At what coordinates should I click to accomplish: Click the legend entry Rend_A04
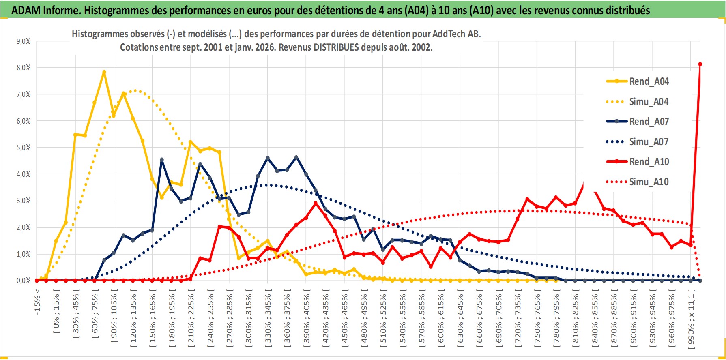pyautogui.click(x=649, y=81)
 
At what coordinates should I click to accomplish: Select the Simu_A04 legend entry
pyautogui.click(x=649, y=102)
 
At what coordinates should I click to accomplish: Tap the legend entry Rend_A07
pyautogui.click(x=649, y=122)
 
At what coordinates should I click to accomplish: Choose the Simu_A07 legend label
pyautogui.click(x=649, y=142)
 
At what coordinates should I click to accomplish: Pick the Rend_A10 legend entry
pyautogui.click(x=649, y=162)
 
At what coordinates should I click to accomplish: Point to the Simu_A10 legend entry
pyautogui.click(x=649, y=182)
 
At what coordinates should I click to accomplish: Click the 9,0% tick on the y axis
pyautogui.click(x=23, y=41)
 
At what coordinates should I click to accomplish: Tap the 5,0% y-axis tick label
pyautogui.click(x=23, y=148)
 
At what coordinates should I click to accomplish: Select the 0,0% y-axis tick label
pyautogui.click(x=23, y=281)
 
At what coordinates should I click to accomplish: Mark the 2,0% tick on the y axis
pyautogui.click(x=23, y=227)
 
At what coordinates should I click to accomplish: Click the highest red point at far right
pyautogui.click(x=700, y=64)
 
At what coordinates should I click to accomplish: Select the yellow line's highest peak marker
pyautogui.click(x=104, y=72)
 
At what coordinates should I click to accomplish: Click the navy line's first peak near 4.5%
pyautogui.click(x=162, y=160)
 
